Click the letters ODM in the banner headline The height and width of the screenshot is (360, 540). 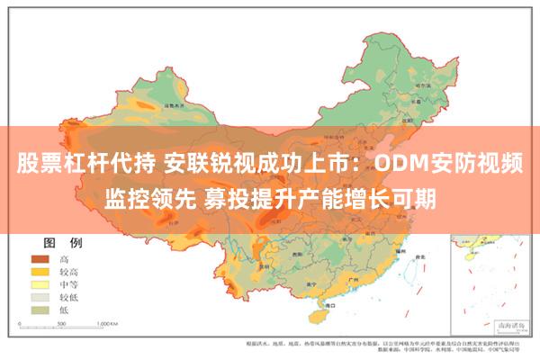pyautogui.click(x=410, y=166)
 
